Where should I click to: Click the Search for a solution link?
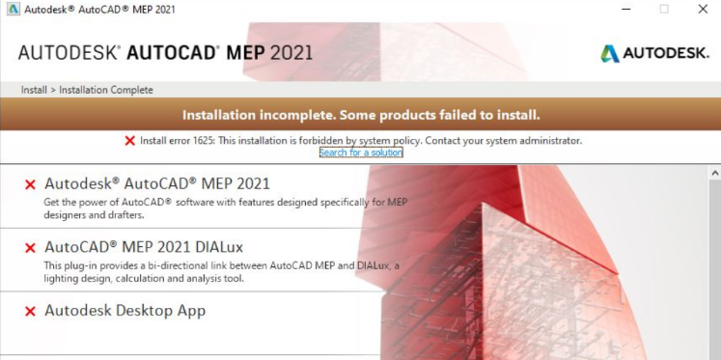tap(361, 152)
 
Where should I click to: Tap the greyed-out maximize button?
tap(663, 9)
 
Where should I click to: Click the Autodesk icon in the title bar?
tap(9, 9)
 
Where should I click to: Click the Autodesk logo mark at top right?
tap(610, 53)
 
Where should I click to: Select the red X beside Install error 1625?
tap(130, 140)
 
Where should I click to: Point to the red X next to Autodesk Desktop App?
tap(30, 312)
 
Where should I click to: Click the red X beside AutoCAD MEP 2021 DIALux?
tap(30, 248)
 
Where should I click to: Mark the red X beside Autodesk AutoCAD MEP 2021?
tap(30, 183)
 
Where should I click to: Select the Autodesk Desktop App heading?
tap(125, 311)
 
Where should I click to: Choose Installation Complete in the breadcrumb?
tap(106, 90)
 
